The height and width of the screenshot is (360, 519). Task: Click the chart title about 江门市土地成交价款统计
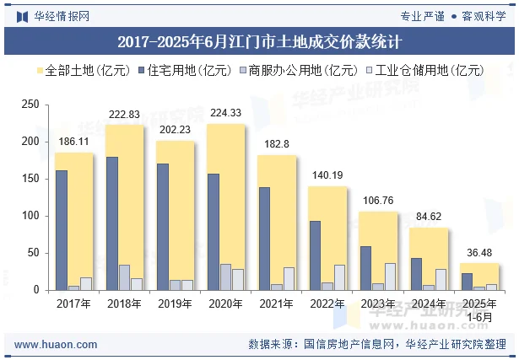[x=259, y=40]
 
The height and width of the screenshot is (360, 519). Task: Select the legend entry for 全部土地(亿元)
[x=68, y=71]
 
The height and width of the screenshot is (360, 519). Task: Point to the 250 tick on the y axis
[x=30, y=105]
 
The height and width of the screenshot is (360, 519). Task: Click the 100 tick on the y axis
[x=30, y=216]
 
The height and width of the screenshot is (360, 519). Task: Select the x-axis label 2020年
[x=225, y=304]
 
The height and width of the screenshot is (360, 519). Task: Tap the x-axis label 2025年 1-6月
[x=478, y=309]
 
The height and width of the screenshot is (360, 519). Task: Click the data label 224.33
[x=225, y=113]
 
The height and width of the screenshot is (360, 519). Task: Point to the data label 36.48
[x=478, y=252]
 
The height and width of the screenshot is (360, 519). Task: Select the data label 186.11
[x=73, y=142]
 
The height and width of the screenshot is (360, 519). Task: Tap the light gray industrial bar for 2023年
[x=390, y=277]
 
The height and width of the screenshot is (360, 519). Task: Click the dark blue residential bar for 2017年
[x=62, y=230]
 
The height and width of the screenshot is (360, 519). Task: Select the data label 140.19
[x=327, y=175]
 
